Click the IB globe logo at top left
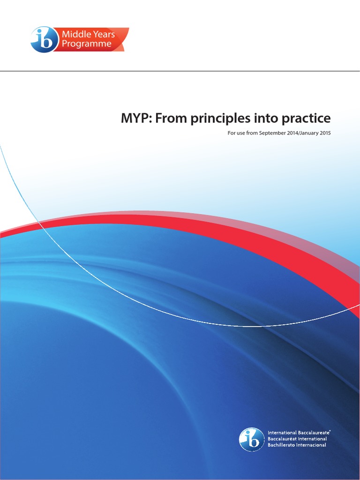pos(43,39)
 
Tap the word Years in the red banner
pos(103,34)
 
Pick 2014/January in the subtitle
pos(301,133)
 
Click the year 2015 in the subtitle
pos(325,133)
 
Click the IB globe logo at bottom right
pos(252,439)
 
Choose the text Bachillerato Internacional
pos(297,445)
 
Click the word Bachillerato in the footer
pos(280,445)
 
